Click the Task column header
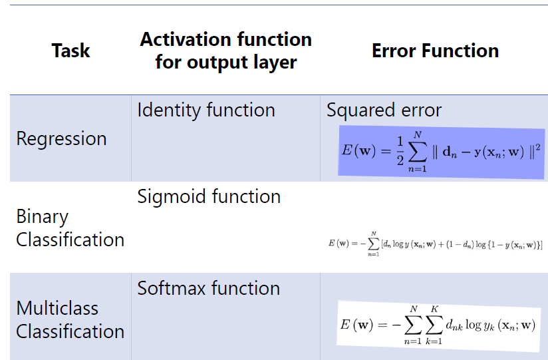point(70,51)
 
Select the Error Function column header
point(435,51)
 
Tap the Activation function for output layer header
point(225,51)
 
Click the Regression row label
point(61,138)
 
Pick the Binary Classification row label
point(70,228)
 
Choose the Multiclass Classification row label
point(70,320)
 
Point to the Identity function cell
point(205,110)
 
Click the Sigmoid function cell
point(209,197)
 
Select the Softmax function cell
point(208,288)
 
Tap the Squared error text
point(384,110)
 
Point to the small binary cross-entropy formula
point(436,244)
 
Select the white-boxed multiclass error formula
point(438,326)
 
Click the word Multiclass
point(57,309)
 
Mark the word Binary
point(42,217)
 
